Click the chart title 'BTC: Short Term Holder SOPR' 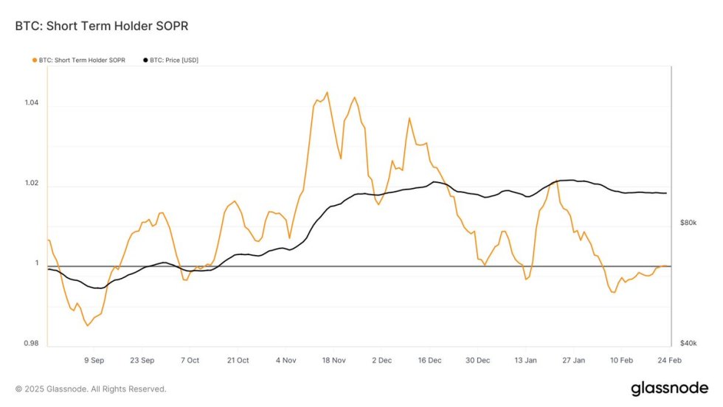coord(103,27)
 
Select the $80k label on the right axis coord(687,222)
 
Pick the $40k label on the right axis coord(687,344)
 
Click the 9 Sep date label coord(94,361)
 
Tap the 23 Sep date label coord(142,361)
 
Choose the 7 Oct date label coord(190,361)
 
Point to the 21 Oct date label coord(238,361)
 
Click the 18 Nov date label coord(333,361)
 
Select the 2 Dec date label coord(381,361)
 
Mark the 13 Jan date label coord(525,361)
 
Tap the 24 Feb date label coord(670,361)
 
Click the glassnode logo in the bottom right coord(668,389)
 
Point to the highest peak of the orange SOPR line coord(327,92)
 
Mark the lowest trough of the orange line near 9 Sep coord(87,325)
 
